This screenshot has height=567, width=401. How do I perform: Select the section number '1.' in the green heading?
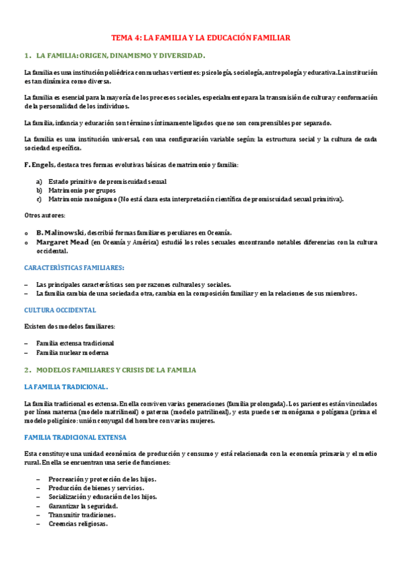(x=27, y=55)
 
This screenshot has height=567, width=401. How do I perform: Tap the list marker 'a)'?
(x=39, y=181)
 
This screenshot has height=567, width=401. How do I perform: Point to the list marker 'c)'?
(x=39, y=199)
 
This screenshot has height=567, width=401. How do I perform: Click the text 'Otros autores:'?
(x=45, y=215)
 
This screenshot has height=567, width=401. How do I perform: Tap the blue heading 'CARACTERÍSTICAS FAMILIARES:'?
(x=74, y=267)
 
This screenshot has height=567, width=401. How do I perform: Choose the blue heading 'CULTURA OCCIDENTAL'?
(x=60, y=310)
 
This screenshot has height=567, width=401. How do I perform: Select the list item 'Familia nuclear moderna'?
(x=72, y=352)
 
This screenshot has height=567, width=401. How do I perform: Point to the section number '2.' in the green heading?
(x=27, y=369)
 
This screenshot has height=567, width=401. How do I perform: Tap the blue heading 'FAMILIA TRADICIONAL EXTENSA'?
(x=74, y=437)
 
